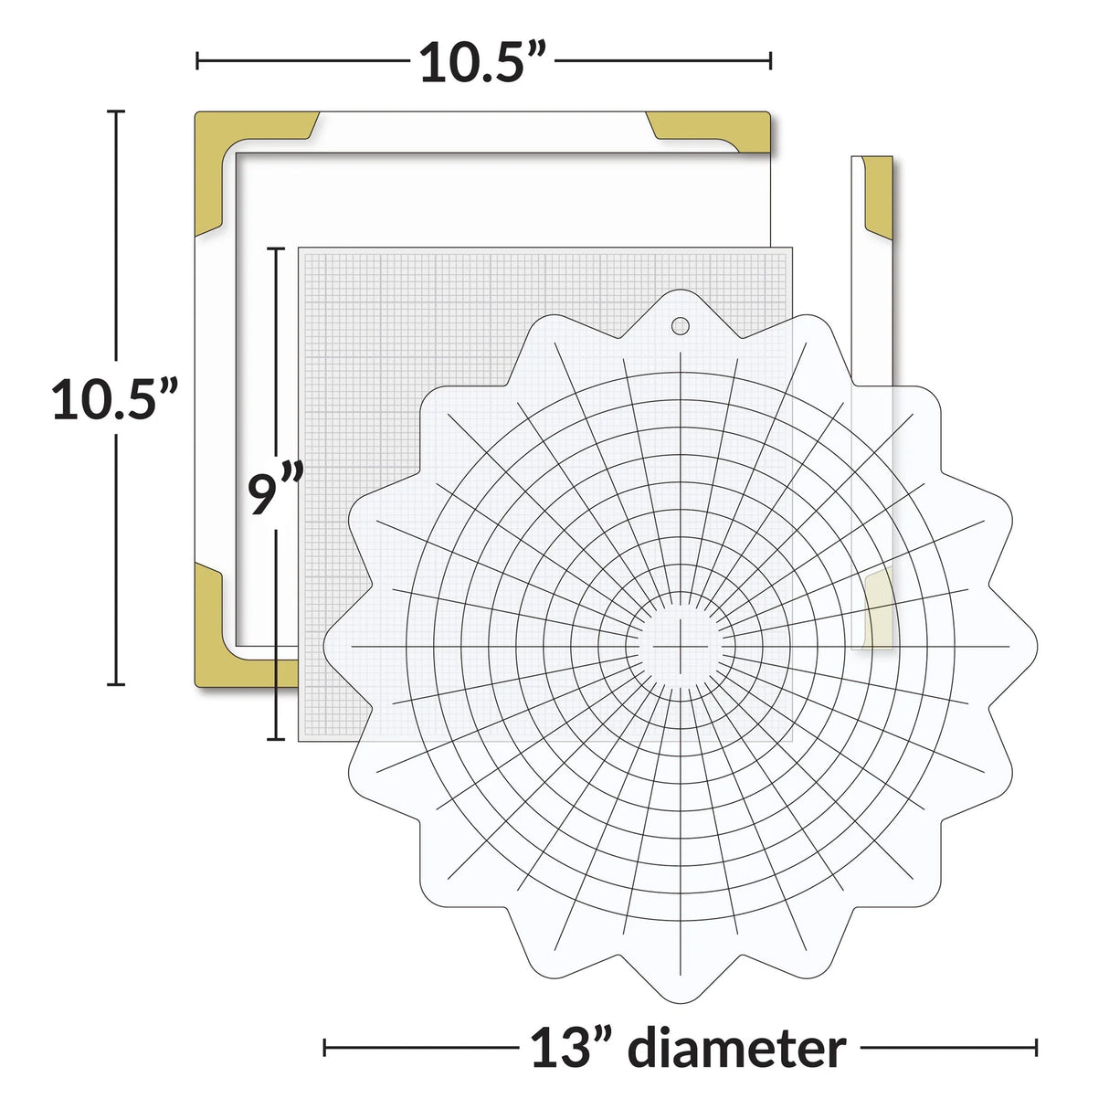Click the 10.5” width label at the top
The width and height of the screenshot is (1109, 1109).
click(x=482, y=62)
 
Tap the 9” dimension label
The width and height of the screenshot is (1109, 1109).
click(x=273, y=494)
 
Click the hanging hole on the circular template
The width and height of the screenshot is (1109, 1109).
click(x=681, y=326)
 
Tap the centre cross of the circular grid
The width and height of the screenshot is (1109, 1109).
click(x=681, y=645)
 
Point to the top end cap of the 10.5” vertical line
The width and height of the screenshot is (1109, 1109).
click(x=115, y=111)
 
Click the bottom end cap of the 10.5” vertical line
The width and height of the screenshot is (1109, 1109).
click(x=115, y=682)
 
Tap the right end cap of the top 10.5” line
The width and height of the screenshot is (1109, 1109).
click(x=770, y=62)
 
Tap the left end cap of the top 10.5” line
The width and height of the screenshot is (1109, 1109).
click(x=197, y=62)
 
